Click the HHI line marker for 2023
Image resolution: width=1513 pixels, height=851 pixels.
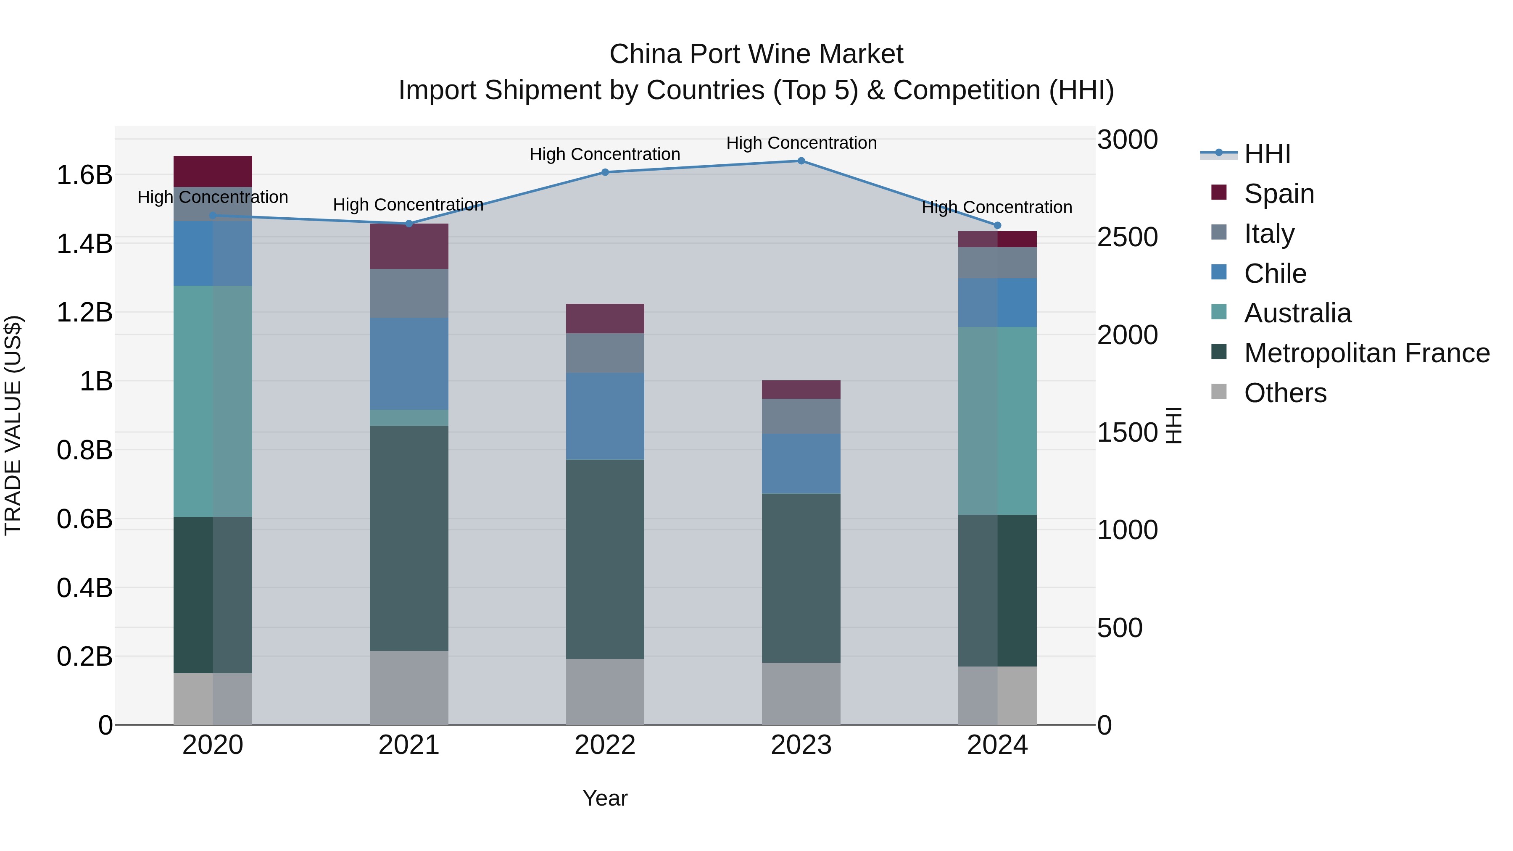pyautogui.click(x=801, y=161)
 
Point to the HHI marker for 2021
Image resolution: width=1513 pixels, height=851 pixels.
pyautogui.click(x=409, y=224)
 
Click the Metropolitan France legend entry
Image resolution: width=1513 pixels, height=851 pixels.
pyautogui.click(x=1367, y=353)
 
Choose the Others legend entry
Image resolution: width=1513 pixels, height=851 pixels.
pyautogui.click(x=1285, y=393)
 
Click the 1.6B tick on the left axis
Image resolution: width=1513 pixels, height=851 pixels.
pyautogui.click(x=84, y=175)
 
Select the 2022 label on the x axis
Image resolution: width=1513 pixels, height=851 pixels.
pyautogui.click(x=605, y=745)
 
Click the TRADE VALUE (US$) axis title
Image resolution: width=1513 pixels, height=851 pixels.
pyautogui.click(x=13, y=425)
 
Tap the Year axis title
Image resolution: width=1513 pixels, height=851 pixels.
pyautogui.click(x=605, y=798)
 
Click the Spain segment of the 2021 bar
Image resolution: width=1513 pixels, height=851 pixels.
pyautogui.click(x=409, y=247)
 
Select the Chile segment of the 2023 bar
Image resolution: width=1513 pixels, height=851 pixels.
pyautogui.click(x=801, y=464)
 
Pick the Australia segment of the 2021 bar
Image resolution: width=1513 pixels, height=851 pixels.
pyautogui.click(x=409, y=418)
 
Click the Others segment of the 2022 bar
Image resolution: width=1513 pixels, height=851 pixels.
pyautogui.click(x=605, y=692)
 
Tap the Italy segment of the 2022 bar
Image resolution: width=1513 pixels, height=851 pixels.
pyautogui.click(x=605, y=353)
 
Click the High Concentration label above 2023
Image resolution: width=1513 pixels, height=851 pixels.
pyautogui.click(x=801, y=143)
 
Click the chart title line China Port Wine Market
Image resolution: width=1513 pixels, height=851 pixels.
pyautogui.click(x=756, y=54)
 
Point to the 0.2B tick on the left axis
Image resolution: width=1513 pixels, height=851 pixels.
pyautogui.click(x=84, y=656)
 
